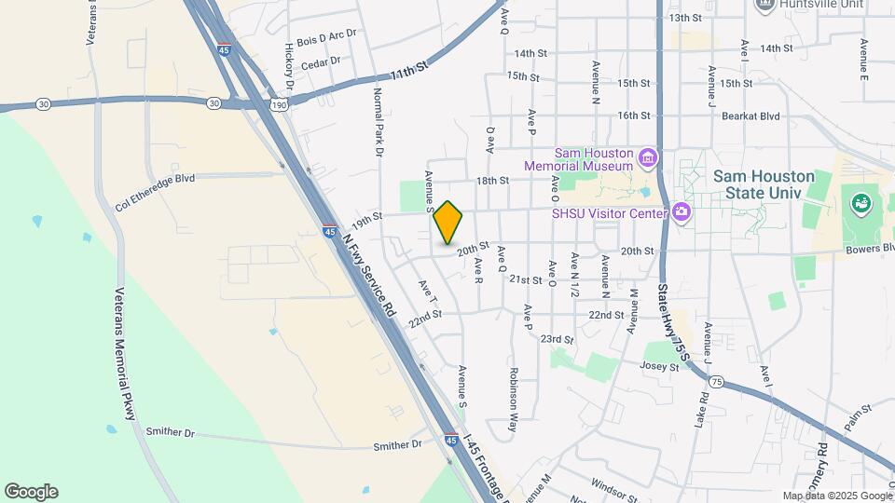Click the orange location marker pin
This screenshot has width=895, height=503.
point(448,222)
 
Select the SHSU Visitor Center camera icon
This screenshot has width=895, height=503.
point(682,212)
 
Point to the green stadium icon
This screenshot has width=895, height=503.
point(860,201)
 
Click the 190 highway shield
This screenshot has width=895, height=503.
point(279,106)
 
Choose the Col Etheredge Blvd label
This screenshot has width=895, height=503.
point(155,191)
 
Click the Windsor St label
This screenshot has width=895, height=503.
point(614,484)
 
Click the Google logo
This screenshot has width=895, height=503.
point(31,492)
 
